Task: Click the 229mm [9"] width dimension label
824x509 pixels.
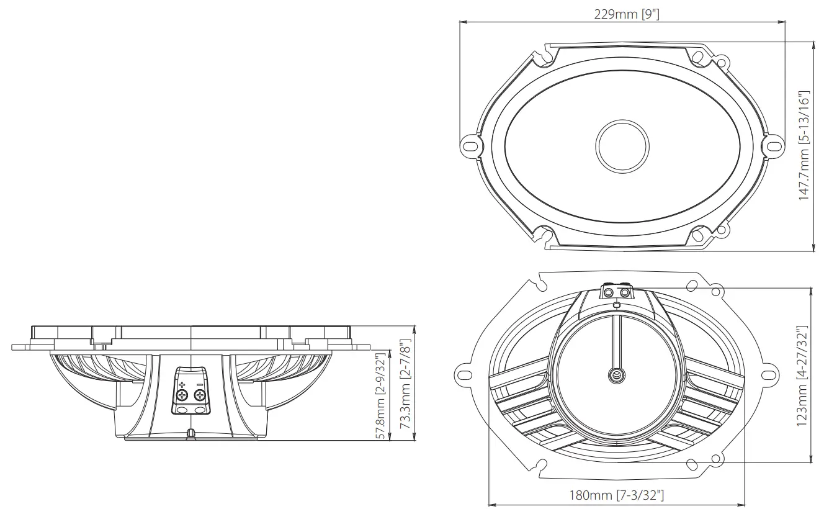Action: click(622, 14)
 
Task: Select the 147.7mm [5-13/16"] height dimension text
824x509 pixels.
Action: click(804, 146)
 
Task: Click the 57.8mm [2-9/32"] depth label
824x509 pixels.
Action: click(382, 395)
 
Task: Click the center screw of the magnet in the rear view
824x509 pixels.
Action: click(616, 374)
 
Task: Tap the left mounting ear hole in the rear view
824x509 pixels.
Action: click(463, 375)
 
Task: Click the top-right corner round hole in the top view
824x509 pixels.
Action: click(722, 62)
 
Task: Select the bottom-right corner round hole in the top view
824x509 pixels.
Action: click(722, 231)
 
